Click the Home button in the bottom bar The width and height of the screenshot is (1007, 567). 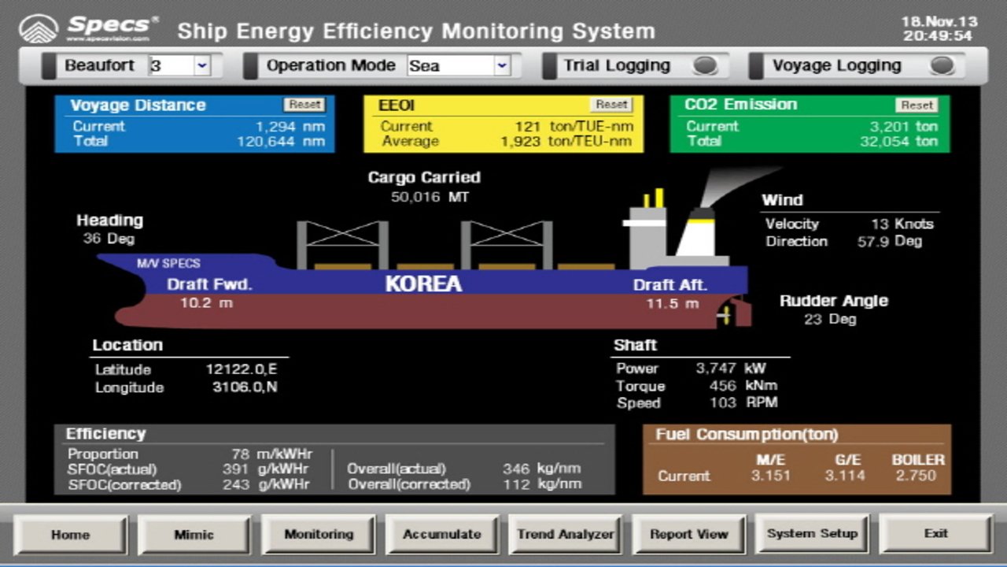coord(71,535)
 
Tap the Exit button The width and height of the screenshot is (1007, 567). coord(935,534)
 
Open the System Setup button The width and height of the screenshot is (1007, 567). coord(812,534)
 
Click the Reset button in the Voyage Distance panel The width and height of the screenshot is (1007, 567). coord(304,105)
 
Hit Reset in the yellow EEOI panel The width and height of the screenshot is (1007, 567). coord(611,105)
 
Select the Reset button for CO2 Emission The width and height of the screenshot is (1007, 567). coord(917,105)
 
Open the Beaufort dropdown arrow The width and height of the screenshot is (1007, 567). coord(202,65)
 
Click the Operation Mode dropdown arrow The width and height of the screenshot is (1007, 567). coord(502,65)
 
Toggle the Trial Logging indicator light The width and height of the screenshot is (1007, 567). coord(705,65)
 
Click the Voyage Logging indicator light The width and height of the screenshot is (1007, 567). coord(942,65)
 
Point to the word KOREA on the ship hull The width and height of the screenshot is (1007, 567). coord(423,283)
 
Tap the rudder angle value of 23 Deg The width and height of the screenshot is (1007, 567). coord(830,319)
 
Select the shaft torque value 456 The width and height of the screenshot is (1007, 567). coord(722,386)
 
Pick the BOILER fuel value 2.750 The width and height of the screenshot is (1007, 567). coord(916,475)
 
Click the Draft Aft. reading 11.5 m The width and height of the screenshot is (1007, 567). coord(673,303)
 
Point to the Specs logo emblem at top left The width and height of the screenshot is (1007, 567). coord(39,29)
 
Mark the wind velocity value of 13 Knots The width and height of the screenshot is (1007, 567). coord(902,224)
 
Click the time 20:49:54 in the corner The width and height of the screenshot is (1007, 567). coord(938,35)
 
